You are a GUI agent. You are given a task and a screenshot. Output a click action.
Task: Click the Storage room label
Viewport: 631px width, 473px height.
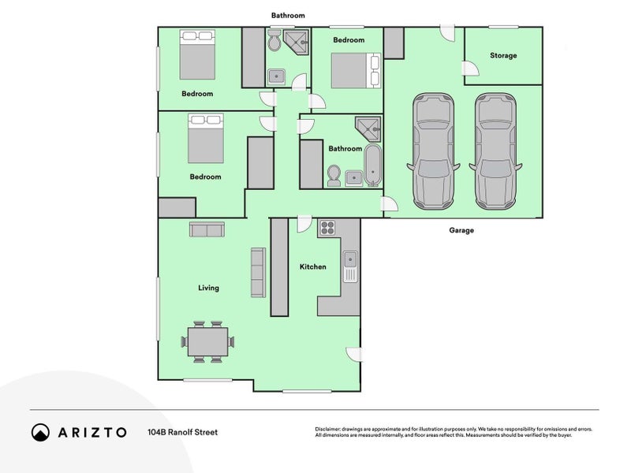(x=503, y=56)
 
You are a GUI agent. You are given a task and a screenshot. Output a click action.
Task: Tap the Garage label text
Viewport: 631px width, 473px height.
(x=461, y=231)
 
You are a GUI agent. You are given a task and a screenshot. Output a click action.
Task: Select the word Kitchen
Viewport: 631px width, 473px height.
(x=312, y=267)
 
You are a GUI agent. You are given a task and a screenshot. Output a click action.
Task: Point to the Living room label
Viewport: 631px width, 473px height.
(x=208, y=289)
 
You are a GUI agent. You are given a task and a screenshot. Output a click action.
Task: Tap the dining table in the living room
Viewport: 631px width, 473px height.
(x=207, y=342)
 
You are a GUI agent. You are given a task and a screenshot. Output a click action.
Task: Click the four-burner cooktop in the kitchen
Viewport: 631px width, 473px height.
(x=327, y=229)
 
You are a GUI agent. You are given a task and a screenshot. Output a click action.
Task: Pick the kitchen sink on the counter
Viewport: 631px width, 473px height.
(x=350, y=261)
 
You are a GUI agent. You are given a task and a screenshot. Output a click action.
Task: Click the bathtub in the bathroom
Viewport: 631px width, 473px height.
(x=372, y=166)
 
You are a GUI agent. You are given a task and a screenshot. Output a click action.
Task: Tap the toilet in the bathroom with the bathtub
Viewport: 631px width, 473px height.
(x=334, y=174)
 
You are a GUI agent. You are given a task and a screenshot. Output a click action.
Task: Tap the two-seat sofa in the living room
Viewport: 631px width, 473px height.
(x=207, y=229)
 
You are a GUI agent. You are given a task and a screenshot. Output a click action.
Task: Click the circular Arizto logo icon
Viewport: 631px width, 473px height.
(x=40, y=432)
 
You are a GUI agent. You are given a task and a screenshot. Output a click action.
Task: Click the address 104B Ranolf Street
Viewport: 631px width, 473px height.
(x=182, y=432)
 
